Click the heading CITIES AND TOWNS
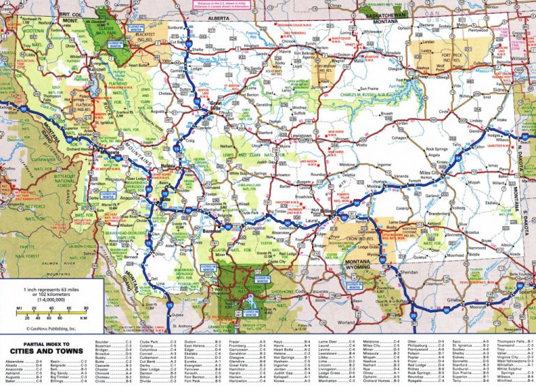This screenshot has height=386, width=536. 52,350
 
